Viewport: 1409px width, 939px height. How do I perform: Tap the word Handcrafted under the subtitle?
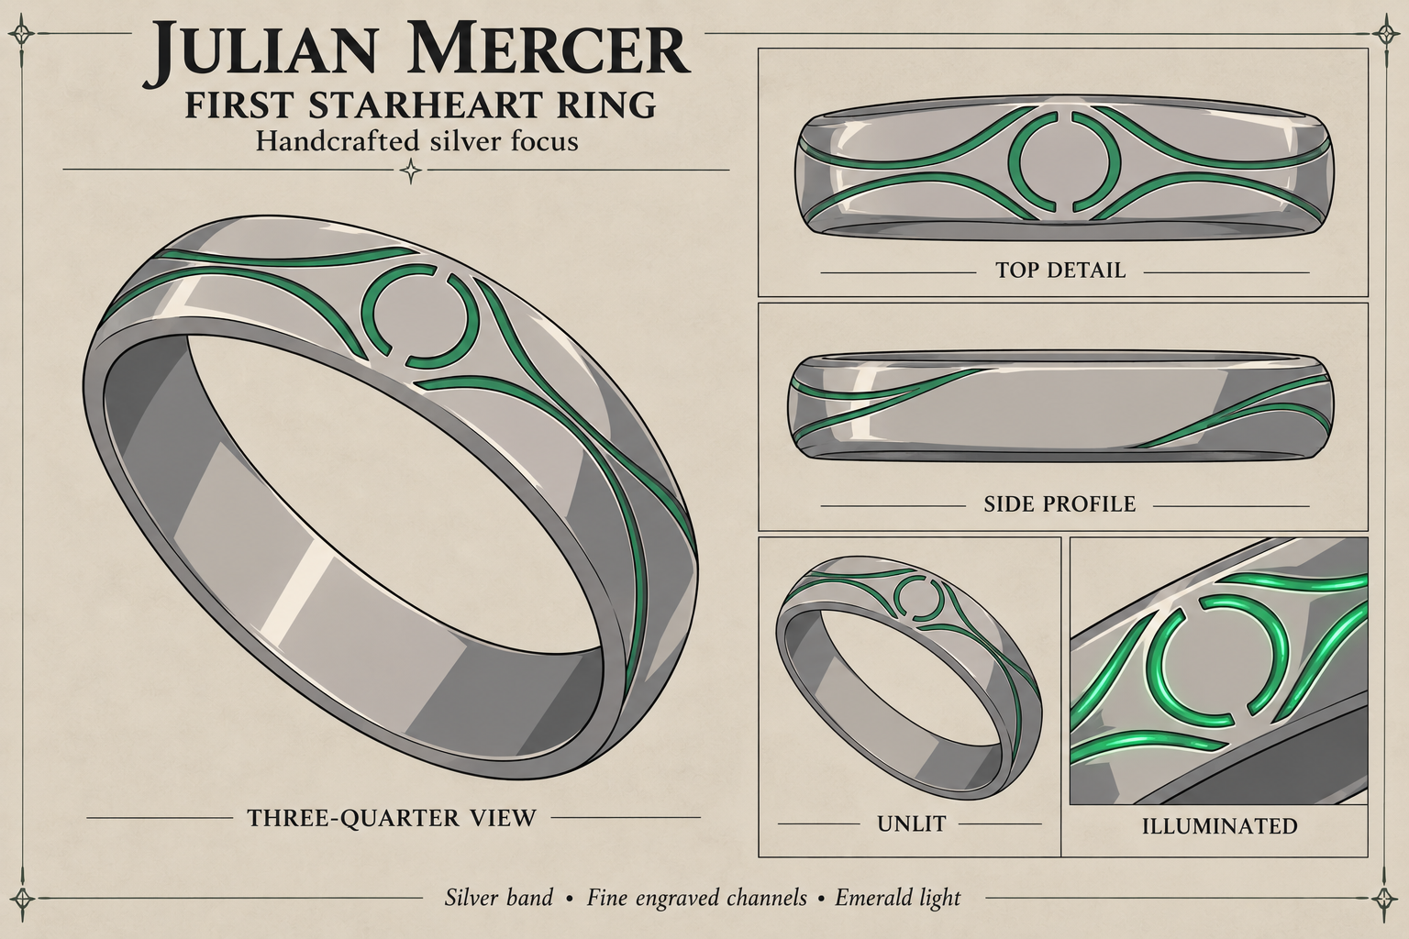(x=338, y=140)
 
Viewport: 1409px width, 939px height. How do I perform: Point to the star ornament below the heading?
(x=411, y=170)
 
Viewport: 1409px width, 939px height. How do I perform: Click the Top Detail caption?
(x=1060, y=270)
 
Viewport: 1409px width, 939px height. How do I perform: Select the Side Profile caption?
(x=1060, y=503)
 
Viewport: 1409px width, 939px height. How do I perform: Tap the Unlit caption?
(x=912, y=823)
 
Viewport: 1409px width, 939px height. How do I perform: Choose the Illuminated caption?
(x=1220, y=826)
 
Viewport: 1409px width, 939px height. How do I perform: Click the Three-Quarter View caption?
(x=392, y=818)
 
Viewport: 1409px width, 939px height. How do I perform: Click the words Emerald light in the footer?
(x=898, y=898)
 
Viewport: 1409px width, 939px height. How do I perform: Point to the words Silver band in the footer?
(x=499, y=897)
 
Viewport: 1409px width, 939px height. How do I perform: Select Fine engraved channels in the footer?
(x=696, y=898)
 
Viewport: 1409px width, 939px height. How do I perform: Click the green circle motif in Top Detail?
(x=1013, y=161)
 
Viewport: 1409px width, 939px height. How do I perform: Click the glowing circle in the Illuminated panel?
(x=1160, y=660)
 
